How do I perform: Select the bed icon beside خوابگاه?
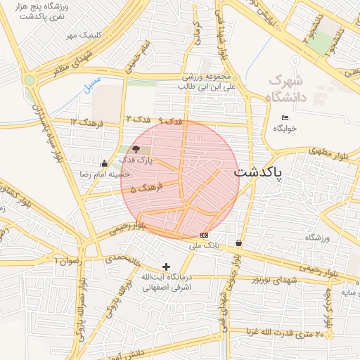click(284, 117)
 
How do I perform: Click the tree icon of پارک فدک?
click(136, 149)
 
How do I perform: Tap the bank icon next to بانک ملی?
click(204, 235)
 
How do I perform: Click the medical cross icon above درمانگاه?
click(166, 266)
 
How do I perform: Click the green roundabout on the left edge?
click(29, 80)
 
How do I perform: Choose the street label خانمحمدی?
click(124, 259)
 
